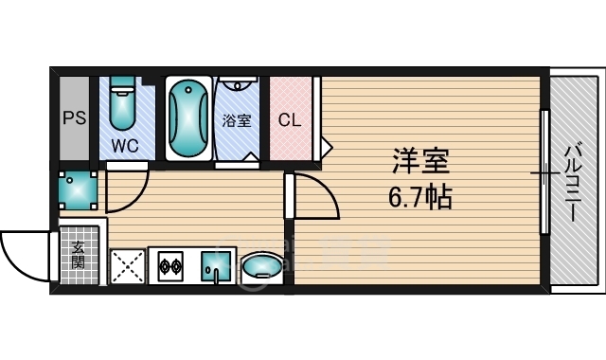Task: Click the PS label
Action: tap(74, 119)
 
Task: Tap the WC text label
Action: tap(125, 146)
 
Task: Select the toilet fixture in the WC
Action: tap(122, 107)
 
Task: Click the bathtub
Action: tap(188, 118)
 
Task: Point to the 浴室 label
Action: tap(237, 121)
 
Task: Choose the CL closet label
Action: tap(291, 120)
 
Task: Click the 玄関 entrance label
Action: tap(78, 254)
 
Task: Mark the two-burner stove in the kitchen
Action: tap(170, 266)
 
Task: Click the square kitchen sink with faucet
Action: tap(217, 267)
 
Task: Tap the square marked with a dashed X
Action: tap(128, 266)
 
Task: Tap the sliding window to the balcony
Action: tap(544, 172)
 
